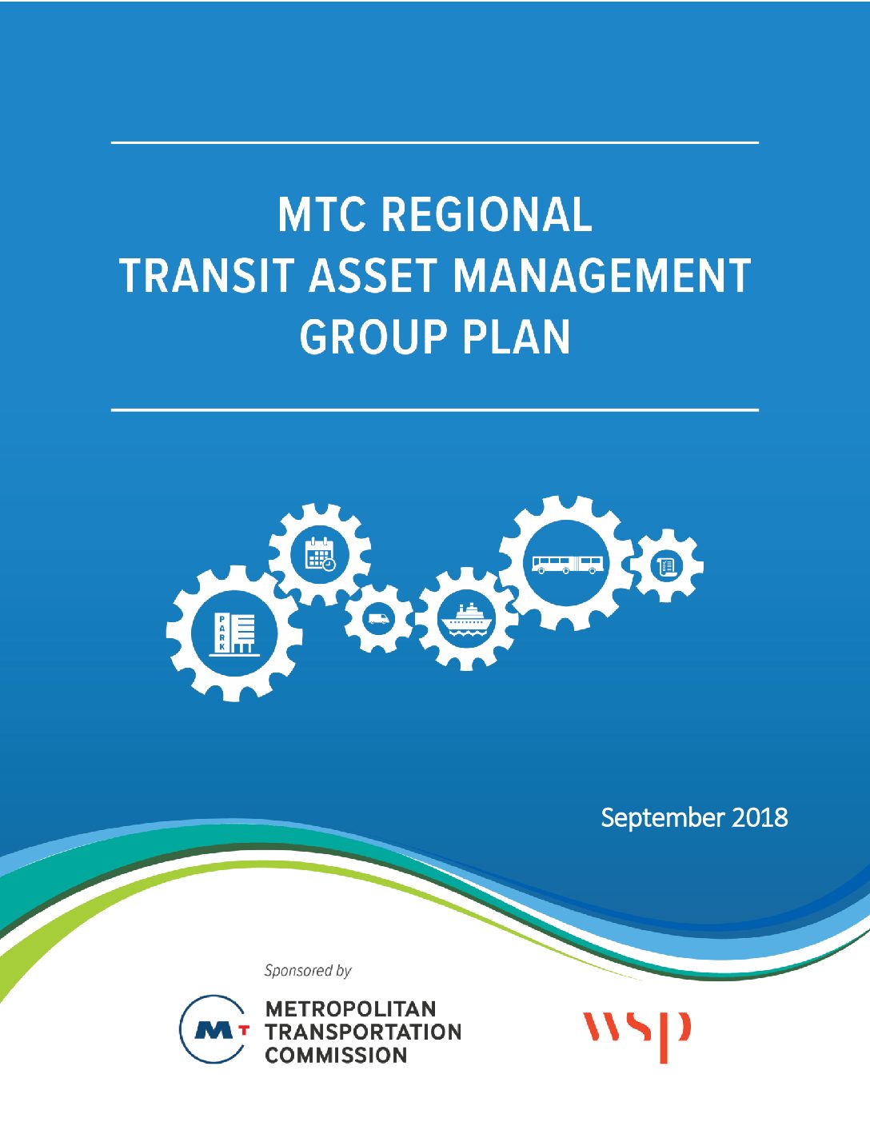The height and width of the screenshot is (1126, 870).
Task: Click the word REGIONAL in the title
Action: click(486, 214)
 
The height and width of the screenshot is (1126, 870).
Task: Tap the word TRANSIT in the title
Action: click(207, 275)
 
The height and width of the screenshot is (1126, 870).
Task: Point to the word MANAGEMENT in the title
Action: click(601, 275)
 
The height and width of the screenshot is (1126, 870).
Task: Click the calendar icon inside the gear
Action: click(320, 554)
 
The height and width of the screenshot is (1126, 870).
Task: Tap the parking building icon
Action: click(234, 634)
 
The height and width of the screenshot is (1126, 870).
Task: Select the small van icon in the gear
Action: click(378, 618)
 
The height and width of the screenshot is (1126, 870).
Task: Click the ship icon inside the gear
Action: click(466, 619)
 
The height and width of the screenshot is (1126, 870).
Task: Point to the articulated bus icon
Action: click(568, 565)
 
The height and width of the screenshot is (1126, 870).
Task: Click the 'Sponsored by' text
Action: click(308, 971)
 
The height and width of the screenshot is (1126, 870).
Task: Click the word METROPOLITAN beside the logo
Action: click(351, 1009)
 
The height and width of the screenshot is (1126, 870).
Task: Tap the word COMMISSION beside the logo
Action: click(336, 1056)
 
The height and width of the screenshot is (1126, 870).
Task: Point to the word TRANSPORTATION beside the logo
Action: click(363, 1032)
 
